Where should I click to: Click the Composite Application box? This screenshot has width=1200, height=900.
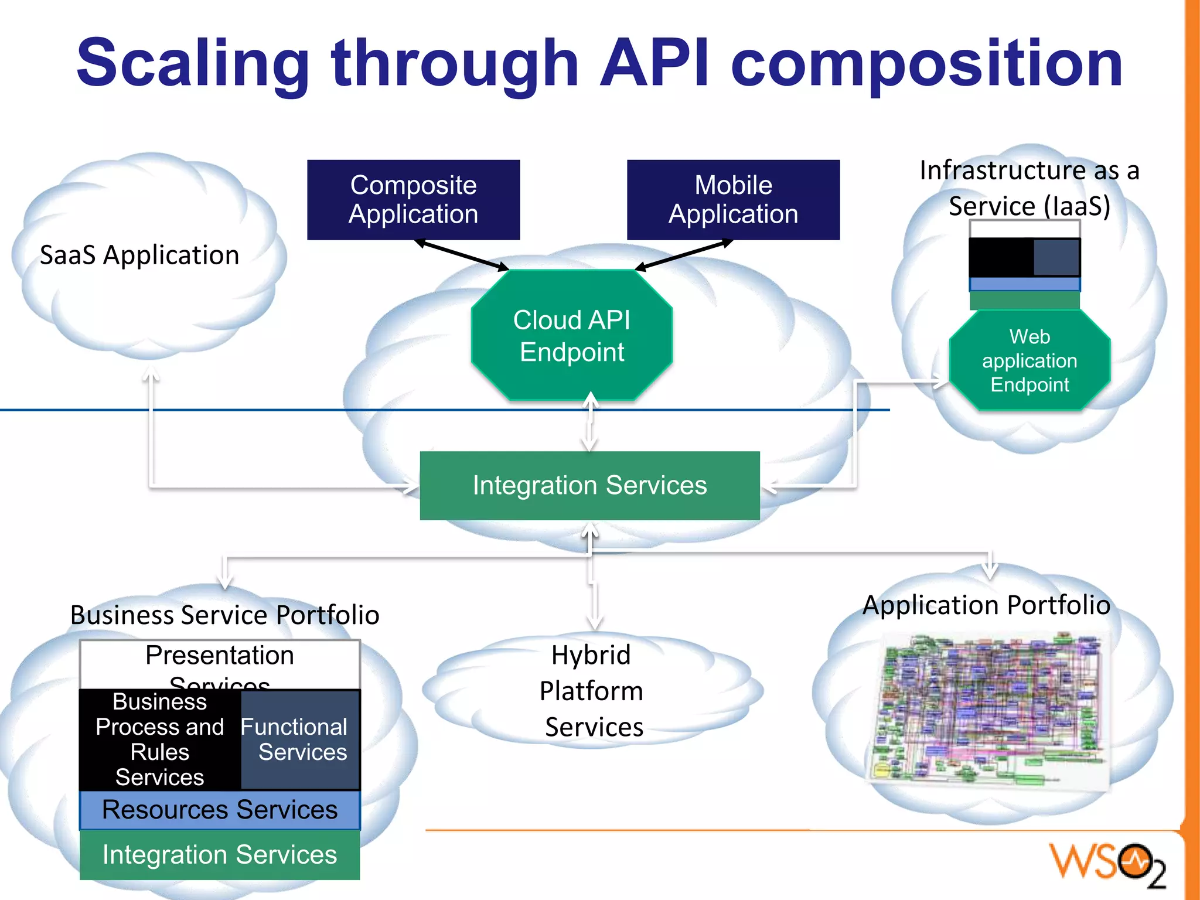pos(413,200)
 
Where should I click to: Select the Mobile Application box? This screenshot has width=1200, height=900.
pos(733,200)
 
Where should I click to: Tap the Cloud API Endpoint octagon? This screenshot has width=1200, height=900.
pos(572,336)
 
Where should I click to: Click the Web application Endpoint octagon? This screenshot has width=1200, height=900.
pos(1029,360)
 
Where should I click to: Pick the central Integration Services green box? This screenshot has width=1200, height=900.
pos(589,486)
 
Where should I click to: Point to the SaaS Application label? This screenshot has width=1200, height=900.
pos(139,255)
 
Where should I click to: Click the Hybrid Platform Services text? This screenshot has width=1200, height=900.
pos(592,691)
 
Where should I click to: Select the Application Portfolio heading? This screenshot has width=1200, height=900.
pos(986,605)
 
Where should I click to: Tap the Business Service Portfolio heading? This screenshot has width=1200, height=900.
pos(224,615)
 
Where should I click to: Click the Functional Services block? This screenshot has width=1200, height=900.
pos(300,739)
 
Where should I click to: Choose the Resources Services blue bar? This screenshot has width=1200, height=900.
pos(220,810)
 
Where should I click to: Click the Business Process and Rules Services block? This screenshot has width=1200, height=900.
pos(159,739)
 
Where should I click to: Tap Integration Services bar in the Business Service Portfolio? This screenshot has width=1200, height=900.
pos(220,855)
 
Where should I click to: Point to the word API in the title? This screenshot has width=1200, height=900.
pos(654,63)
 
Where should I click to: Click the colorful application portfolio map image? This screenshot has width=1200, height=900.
pos(989,709)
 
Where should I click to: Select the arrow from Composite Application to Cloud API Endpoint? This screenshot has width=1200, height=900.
pos(462,255)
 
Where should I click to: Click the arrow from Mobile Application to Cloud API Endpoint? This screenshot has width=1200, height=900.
pos(684,255)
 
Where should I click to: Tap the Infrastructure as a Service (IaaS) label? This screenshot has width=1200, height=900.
pos(1029,188)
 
